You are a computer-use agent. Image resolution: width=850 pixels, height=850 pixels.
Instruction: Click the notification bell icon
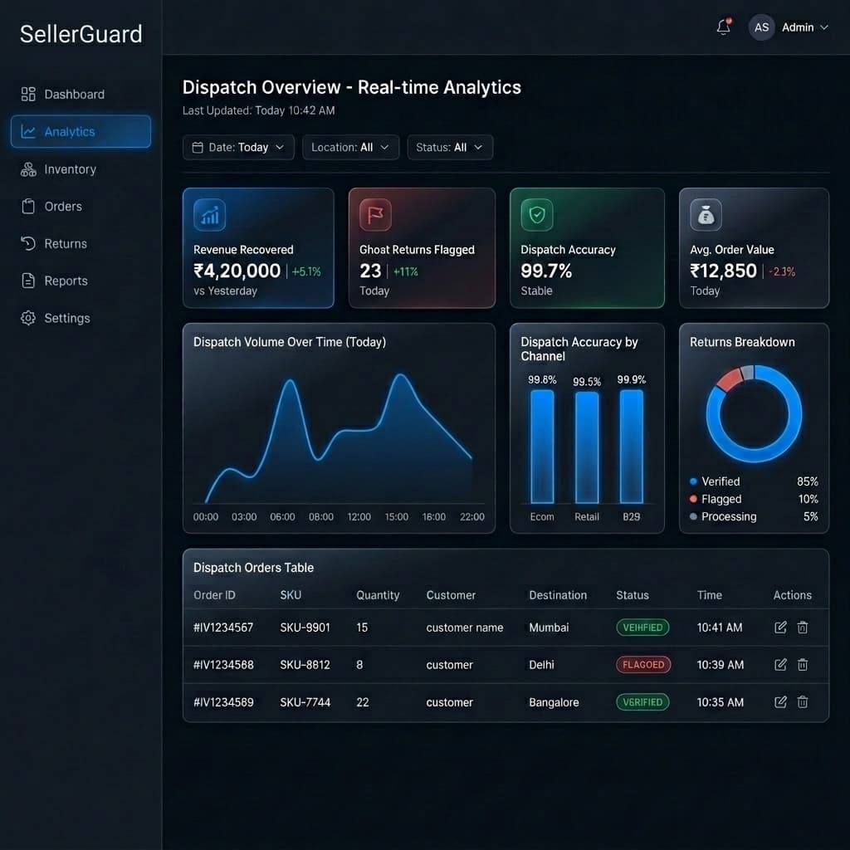(x=723, y=27)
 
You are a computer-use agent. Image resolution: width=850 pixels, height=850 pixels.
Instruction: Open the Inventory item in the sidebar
(x=70, y=169)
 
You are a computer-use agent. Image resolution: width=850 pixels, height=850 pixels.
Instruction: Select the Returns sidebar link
(x=65, y=244)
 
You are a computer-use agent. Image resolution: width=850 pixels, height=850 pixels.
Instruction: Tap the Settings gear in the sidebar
(x=28, y=318)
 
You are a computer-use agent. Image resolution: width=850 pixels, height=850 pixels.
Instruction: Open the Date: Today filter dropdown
(x=238, y=148)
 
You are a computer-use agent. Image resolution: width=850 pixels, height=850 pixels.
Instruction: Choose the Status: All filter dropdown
(x=450, y=148)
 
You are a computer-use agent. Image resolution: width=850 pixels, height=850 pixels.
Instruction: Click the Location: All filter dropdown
(x=350, y=148)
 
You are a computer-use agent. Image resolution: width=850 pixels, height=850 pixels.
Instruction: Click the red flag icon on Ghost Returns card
(x=375, y=216)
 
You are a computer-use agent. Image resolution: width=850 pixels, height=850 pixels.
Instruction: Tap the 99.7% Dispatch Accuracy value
(x=546, y=271)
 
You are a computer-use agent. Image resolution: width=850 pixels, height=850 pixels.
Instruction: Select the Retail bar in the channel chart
(x=587, y=447)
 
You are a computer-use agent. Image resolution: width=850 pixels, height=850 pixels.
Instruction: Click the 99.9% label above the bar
(x=632, y=379)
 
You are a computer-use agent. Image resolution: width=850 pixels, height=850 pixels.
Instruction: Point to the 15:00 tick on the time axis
(x=397, y=516)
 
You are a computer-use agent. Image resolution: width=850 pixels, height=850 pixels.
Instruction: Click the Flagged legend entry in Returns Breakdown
(x=721, y=499)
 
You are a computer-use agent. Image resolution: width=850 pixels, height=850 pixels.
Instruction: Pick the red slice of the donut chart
(x=728, y=379)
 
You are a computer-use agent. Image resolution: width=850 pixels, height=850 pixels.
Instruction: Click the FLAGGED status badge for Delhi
(x=643, y=665)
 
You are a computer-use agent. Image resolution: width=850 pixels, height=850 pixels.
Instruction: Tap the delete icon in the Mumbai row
(x=803, y=628)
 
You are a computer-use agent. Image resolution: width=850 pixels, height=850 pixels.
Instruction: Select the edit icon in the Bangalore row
(x=780, y=702)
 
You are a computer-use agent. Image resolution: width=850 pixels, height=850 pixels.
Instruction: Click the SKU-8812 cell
(x=305, y=665)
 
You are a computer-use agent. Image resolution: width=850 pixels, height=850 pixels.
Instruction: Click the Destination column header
(x=558, y=595)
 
